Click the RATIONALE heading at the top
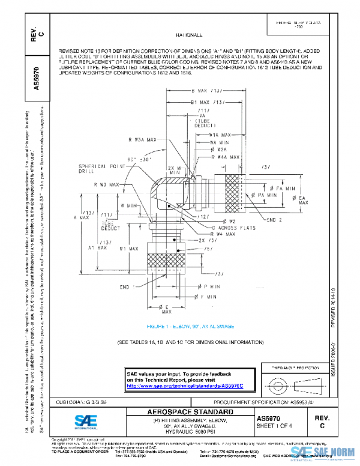189,36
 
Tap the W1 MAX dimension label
131,248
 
